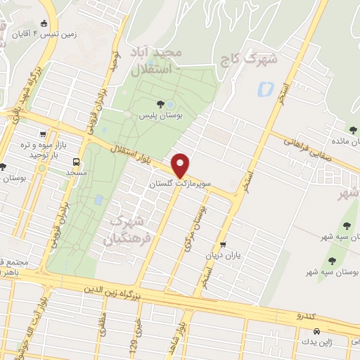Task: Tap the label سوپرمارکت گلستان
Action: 178,183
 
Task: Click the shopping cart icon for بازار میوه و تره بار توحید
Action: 44,134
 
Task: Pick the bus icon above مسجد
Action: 76,161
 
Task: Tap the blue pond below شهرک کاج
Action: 265,90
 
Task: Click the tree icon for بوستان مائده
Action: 350,131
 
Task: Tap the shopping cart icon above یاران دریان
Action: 223,245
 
